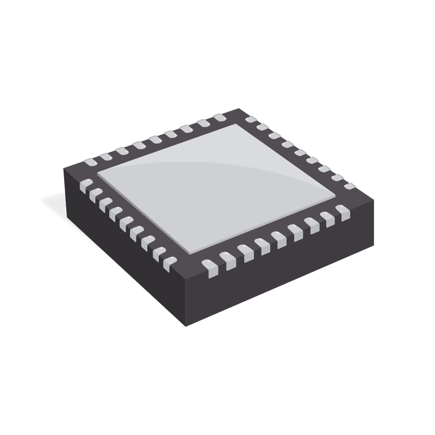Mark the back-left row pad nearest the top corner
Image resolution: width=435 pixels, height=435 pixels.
click(220, 117)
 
